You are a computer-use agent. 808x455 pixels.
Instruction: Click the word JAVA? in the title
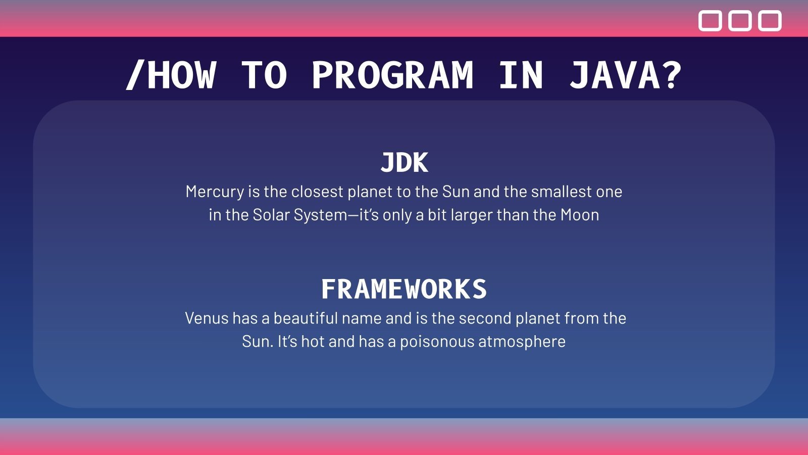(625, 75)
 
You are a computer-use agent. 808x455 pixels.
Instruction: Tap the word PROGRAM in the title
(392, 75)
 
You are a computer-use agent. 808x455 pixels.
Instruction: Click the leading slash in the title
(134, 75)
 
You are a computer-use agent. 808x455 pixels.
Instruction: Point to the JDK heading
(404, 163)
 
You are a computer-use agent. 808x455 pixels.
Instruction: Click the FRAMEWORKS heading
(404, 289)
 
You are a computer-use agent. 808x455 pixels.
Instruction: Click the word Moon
(580, 215)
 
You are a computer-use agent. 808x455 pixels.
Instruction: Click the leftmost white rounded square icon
(710, 21)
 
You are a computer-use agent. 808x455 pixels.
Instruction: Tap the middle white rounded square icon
(740, 21)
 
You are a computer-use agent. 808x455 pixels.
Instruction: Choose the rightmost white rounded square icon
(770, 21)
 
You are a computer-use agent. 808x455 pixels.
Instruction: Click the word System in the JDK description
(321, 215)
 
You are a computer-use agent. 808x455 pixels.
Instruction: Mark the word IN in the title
(521, 75)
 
